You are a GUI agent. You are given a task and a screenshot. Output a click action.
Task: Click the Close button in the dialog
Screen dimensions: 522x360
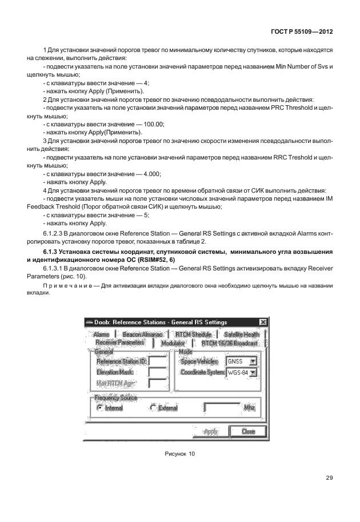(248, 432)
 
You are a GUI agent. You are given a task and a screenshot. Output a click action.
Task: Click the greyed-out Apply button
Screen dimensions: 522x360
(210, 432)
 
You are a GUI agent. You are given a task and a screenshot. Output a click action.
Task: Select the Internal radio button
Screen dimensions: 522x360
(100, 408)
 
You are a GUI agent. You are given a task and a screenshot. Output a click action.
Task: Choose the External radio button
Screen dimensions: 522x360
(153, 408)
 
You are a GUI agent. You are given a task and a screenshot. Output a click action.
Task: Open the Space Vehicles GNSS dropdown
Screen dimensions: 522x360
(253, 361)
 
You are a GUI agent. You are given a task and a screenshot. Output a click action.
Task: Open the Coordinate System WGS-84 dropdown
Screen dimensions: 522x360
(253, 372)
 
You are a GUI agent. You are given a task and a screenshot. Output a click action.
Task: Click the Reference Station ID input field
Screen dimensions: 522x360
(157, 361)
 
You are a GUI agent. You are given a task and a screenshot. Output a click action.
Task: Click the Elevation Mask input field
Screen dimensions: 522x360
(157, 372)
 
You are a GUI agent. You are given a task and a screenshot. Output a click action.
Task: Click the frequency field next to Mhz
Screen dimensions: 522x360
(222, 408)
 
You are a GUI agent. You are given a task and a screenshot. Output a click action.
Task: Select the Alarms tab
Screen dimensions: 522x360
(101, 334)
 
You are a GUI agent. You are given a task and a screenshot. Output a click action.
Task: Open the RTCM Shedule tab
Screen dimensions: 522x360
(193, 334)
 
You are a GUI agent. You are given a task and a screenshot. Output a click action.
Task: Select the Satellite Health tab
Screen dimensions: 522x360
(241, 334)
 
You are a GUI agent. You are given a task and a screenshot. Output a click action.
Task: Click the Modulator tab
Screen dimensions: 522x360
(173, 343)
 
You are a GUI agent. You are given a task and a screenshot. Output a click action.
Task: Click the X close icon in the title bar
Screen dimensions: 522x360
(262, 322)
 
